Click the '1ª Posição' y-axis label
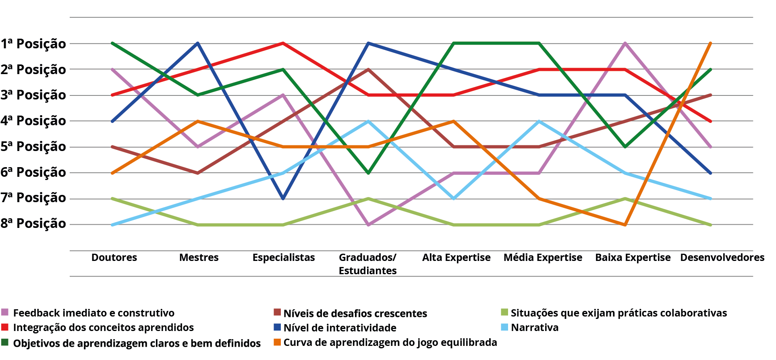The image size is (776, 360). (33, 43)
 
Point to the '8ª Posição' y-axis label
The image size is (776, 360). (33, 223)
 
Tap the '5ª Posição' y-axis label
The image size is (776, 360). (33, 147)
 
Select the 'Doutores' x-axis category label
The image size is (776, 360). (114, 258)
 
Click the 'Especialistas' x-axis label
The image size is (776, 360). (284, 258)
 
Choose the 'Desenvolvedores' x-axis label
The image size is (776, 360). (722, 258)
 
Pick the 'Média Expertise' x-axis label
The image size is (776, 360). (543, 258)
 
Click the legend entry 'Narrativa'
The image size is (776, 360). (535, 328)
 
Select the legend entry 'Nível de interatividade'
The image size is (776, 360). (340, 328)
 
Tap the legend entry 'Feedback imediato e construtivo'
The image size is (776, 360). (93, 313)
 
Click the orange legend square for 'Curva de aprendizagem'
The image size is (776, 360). (277, 342)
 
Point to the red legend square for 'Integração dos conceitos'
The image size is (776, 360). (5, 327)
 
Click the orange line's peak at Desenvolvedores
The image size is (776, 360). (710, 43)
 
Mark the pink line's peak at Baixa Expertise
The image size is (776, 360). (625, 43)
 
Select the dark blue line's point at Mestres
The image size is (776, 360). (198, 43)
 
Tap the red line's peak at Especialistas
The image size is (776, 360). (283, 43)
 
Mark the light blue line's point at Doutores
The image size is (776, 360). (112, 225)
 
